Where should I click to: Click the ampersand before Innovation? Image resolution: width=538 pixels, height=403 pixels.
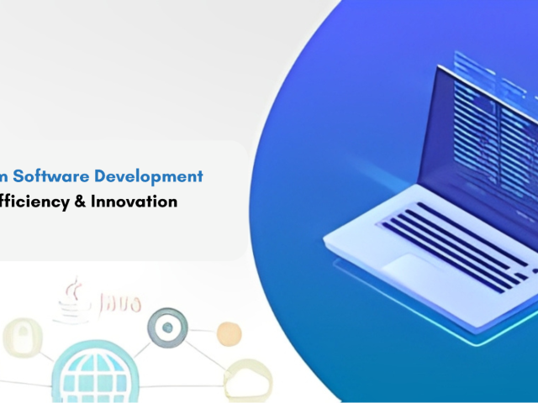(x=79, y=201)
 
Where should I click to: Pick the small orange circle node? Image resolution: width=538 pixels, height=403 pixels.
(x=229, y=334)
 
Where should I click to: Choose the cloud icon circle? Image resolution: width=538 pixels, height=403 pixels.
(x=248, y=379)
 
